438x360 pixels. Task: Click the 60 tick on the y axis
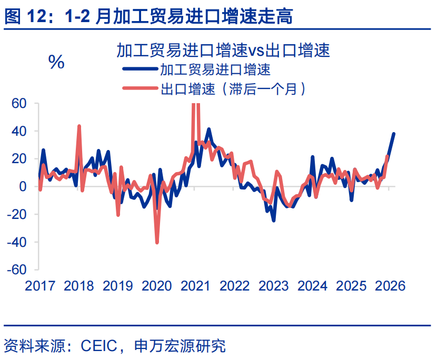(19, 103)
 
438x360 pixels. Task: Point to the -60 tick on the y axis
(16, 269)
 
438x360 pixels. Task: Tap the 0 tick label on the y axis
(23, 186)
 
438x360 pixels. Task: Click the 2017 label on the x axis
(40, 286)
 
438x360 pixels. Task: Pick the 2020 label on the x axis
(157, 286)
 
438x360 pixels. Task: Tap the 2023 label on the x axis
(274, 286)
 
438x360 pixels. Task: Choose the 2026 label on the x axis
(391, 286)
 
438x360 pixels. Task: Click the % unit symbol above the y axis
(56, 62)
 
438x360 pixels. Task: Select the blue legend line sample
(140, 69)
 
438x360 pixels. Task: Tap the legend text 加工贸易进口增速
(215, 69)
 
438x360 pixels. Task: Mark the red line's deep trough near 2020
(157, 242)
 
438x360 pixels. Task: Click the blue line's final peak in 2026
(394, 134)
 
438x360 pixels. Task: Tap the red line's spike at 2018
(79, 126)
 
